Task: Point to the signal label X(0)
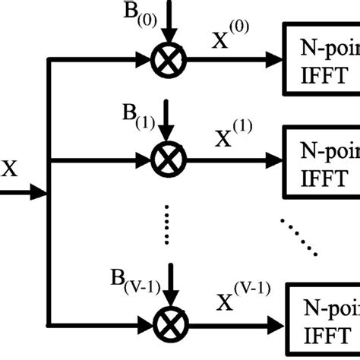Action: pyautogui.click(x=230, y=39)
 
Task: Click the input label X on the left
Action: pyautogui.click(x=9, y=168)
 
